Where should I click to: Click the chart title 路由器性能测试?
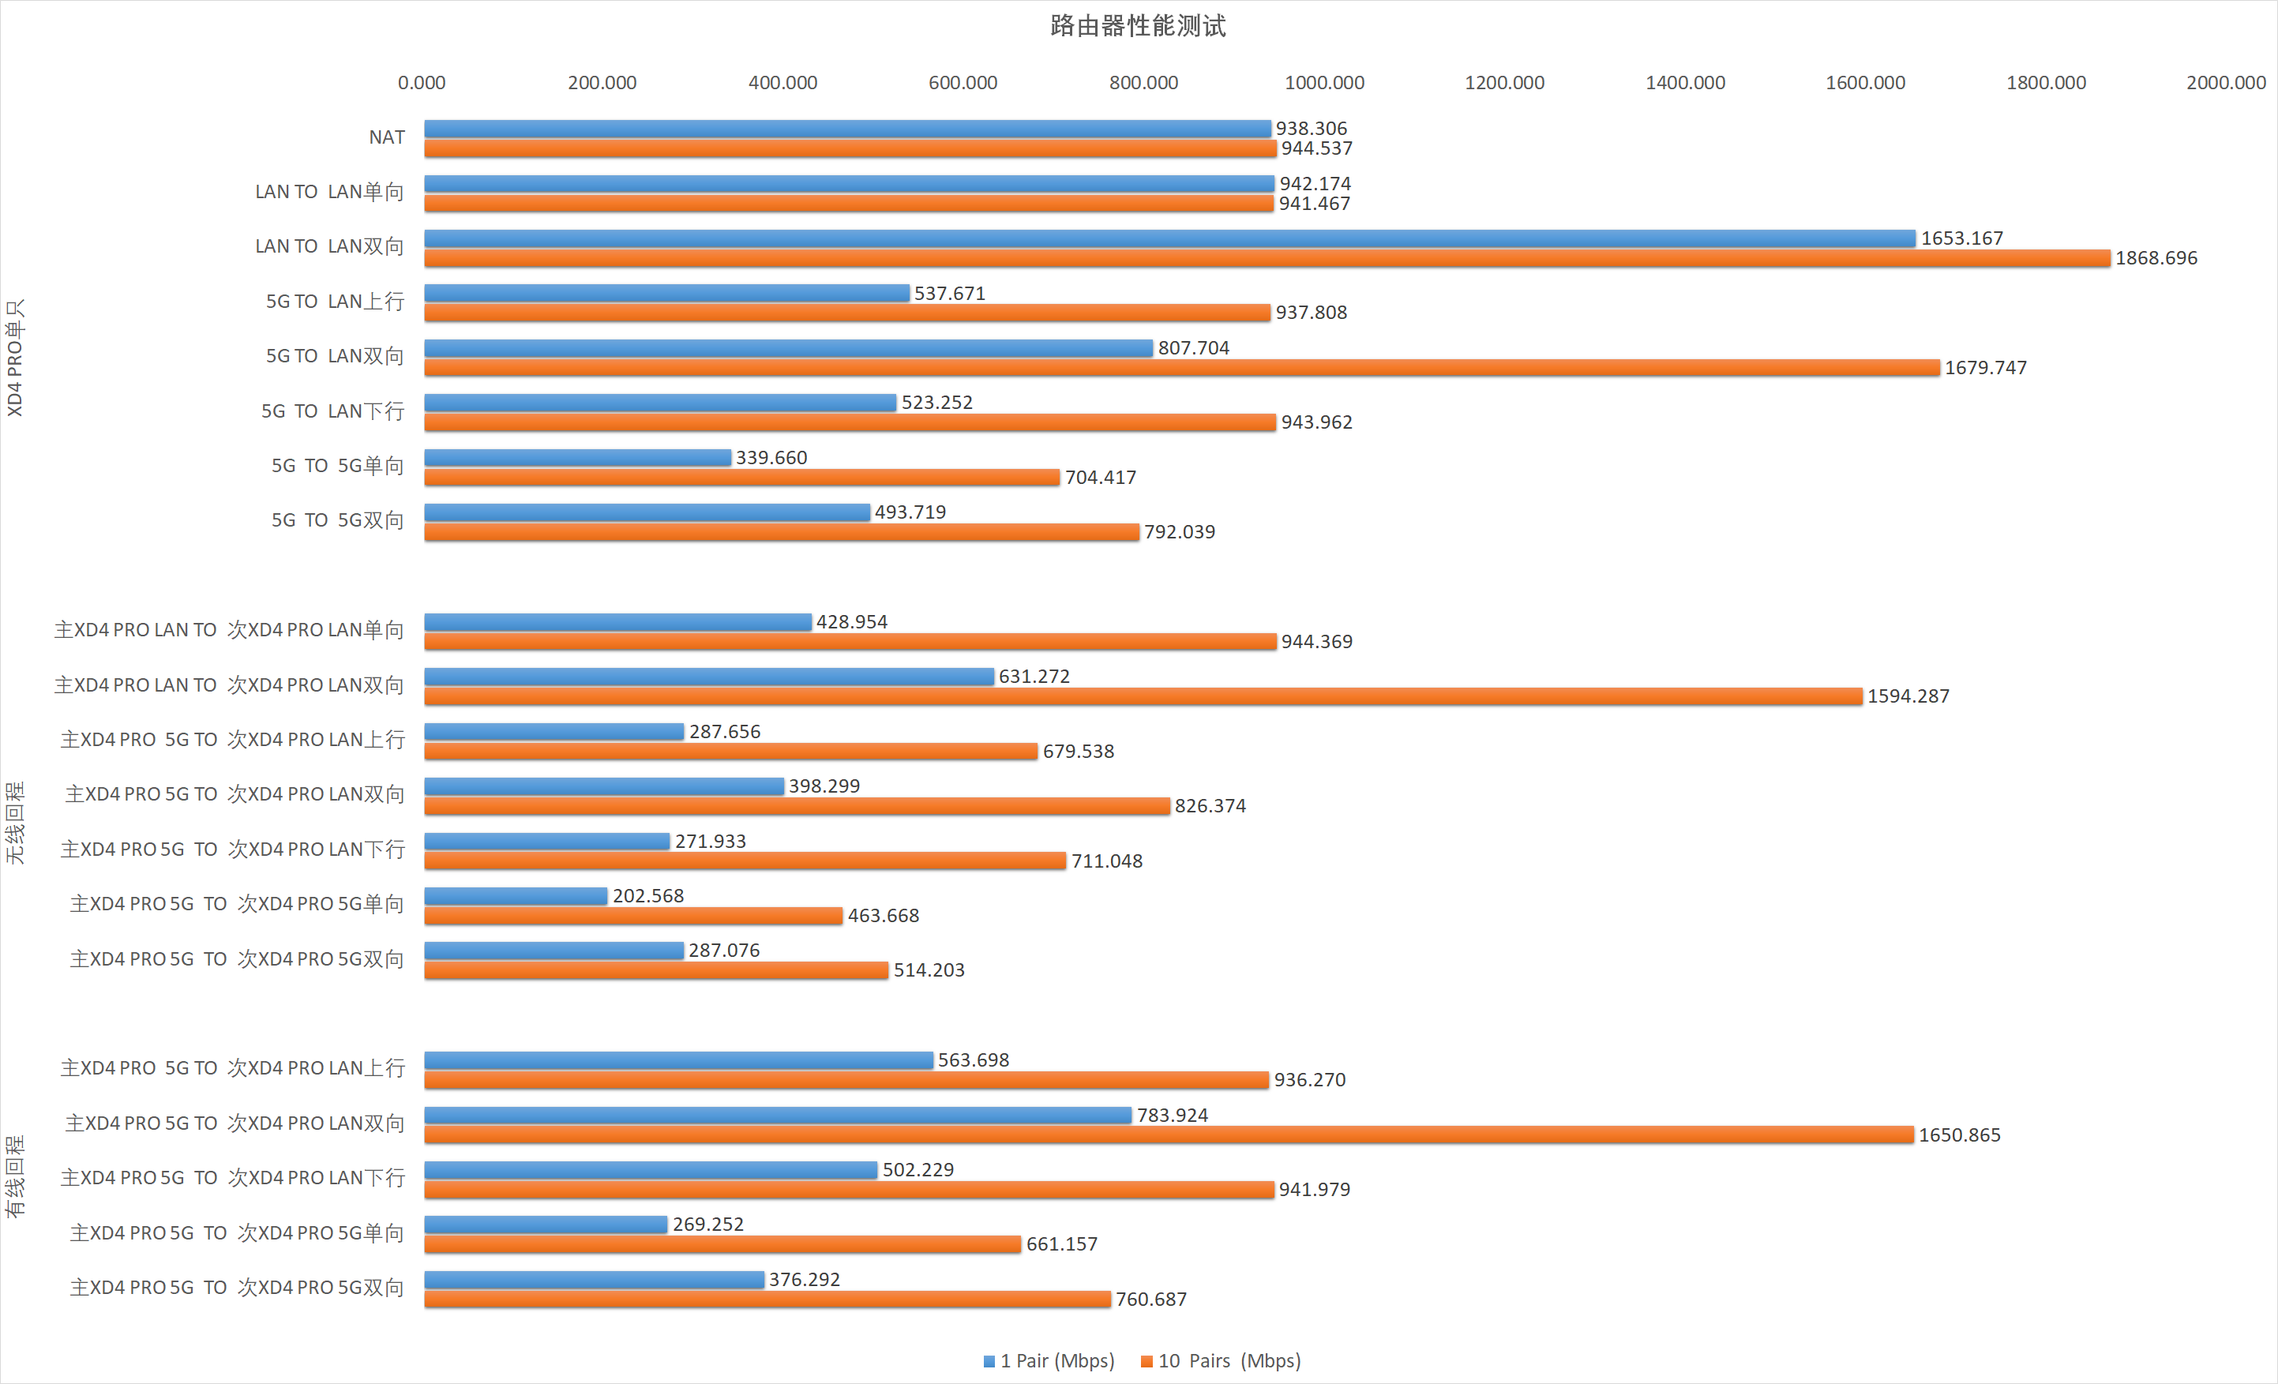[x=1138, y=26]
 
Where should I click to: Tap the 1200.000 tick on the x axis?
[x=1504, y=82]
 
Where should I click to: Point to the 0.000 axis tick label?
[x=422, y=82]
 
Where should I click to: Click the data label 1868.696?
[x=2156, y=258]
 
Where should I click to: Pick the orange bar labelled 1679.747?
[x=1181, y=368]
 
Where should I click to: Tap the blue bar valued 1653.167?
[x=1169, y=238]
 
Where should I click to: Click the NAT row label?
[x=386, y=137]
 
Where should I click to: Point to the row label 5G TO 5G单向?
[x=337, y=466]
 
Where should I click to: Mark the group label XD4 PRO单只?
[x=15, y=357]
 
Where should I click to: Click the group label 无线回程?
[x=15, y=823]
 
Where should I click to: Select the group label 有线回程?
[x=15, y=1177]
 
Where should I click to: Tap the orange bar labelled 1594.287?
[x=1143, y=696]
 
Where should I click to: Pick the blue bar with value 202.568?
[x=516, y=896]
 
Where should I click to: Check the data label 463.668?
[x=883, y=915]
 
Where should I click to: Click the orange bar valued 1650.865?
[x=1169, y=1135]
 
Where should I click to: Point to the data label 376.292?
[x=805, y=1280]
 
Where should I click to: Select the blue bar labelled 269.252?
[x=546, y=1224]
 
